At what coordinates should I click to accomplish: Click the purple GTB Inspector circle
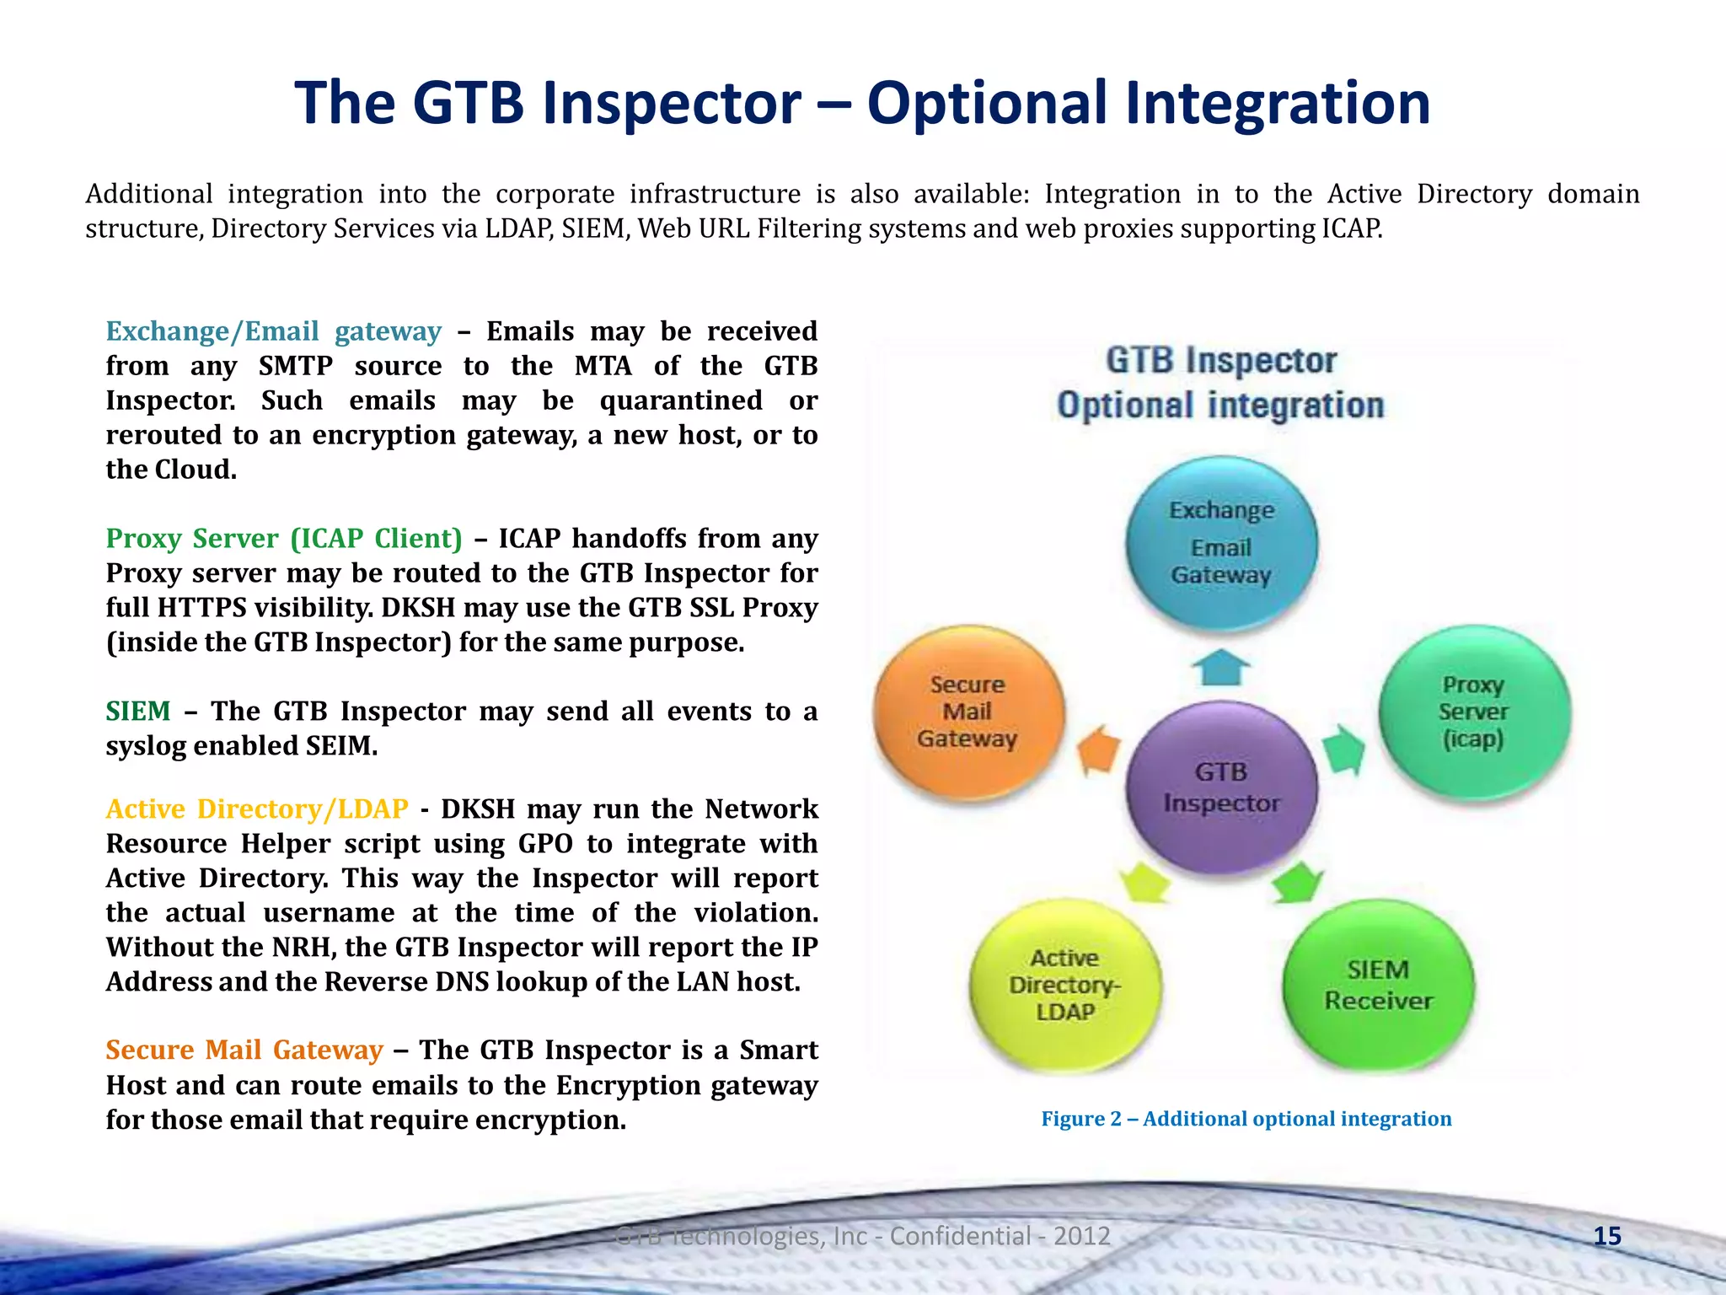coord(1221,787)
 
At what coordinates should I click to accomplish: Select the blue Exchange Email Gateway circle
coord(1221,542)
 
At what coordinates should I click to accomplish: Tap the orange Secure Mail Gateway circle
coord(968,712)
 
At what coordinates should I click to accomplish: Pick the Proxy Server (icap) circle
coord(1474,712)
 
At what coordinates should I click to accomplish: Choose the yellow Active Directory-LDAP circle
coord(1065,985)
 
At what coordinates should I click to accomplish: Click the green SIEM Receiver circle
coord(1378,985)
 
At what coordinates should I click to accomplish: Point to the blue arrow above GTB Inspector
coord(1221,667)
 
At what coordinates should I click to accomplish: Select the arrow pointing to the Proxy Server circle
coord(1343,750)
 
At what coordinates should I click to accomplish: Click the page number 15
coord(1607,1236)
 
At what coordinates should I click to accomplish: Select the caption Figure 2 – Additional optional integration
coord(1246,1119)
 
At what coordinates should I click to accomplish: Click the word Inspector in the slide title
coord(671,103)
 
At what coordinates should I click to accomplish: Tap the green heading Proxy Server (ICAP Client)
coord(284,538)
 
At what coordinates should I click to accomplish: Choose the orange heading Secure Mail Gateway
coord(244,1050)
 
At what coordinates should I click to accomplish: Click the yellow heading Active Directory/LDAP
coord(257,809)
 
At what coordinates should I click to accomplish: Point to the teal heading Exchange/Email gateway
coord(273,331)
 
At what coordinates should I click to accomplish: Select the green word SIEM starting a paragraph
coord(138,711)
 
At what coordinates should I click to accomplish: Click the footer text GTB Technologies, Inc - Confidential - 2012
coord(863,1236)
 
